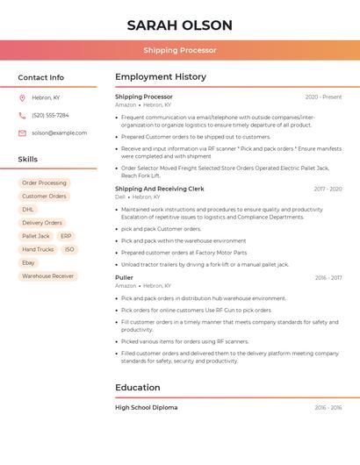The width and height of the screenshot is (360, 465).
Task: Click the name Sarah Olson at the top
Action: click(179, 25)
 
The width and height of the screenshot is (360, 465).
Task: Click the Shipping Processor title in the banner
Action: click(179, 50)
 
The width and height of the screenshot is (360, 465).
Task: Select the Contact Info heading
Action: click(40, 77)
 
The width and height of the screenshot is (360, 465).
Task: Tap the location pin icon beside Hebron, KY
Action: click(22, 97)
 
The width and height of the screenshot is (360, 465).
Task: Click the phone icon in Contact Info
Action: click(22, 115)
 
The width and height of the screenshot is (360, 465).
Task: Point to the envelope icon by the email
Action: click(22, 132)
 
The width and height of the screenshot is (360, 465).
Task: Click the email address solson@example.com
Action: click(59, 132)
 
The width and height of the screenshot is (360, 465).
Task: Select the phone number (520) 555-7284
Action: click(50, 115)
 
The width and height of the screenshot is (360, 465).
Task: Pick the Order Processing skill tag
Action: click(44, 182)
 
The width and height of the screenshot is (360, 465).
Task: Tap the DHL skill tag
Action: click(28, 210)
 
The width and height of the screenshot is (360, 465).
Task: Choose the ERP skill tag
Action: click(66, 236)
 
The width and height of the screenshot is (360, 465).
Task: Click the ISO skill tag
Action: click(69, 249)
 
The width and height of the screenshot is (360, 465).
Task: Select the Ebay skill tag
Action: click(29, 262)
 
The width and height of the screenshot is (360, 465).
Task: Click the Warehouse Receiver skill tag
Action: click(47, 275)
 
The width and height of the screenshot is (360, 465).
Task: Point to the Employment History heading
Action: click(161, 76)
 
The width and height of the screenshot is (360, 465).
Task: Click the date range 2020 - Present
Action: click(323, 97)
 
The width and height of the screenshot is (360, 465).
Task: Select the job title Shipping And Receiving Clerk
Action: click(159, 189)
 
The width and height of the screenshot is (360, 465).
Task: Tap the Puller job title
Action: click(124, 277)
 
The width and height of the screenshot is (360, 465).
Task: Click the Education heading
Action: click(137, 387)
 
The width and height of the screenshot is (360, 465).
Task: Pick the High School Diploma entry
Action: click(146, 407)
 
